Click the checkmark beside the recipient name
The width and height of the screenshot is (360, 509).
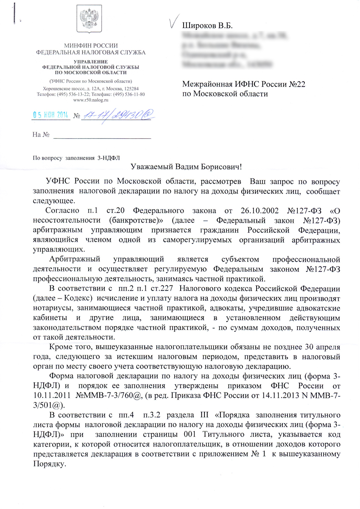coord(173,22)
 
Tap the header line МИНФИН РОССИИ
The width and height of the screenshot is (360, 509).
coord(91,46)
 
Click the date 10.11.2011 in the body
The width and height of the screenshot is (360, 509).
coord(51,395)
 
